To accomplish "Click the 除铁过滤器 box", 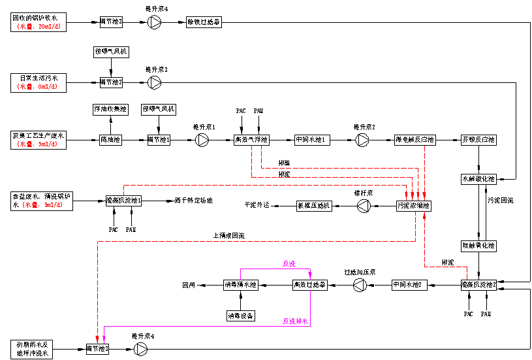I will [204, 22].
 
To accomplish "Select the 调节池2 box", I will [111, 82].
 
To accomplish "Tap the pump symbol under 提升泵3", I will [155, 82].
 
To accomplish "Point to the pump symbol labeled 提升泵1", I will [203, 140].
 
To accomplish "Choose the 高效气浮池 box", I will [252, 140].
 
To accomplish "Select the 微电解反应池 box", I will [415, 140].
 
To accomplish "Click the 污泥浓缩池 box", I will [415, 206].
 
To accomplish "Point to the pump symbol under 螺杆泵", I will [363, 206].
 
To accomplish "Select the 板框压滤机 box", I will [314, 206].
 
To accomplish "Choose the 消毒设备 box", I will [241, 316].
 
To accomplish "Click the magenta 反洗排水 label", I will [295, 321].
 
